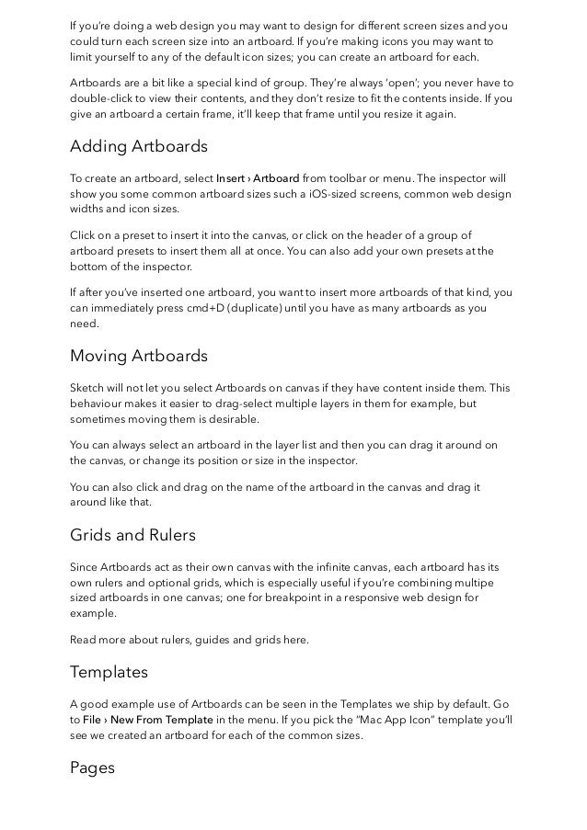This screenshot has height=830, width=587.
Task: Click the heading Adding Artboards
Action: pyautogui.click(x=139, y=146)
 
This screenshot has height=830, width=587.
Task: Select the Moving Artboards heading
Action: pyautogui.click(x=139, y=356)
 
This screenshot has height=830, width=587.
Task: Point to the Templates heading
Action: pyautogui.click(x=109, y=672)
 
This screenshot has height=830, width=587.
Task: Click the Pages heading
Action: pyautogui.click(x=92, y=767)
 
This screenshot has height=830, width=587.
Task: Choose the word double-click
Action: pyautogui.click(x=104, y=99)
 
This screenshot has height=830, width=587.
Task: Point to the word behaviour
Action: pyautogui.click(x=99, y=403)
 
